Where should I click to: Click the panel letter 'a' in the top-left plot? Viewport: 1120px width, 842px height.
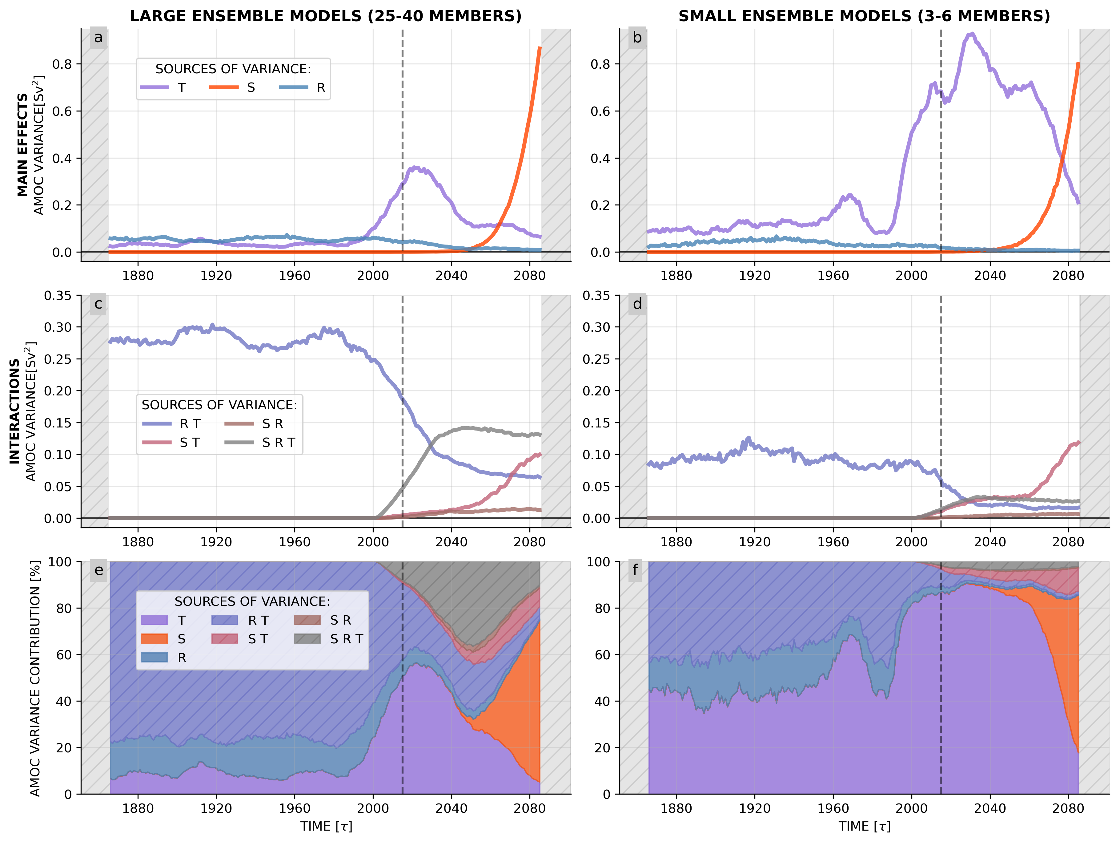pos(98,38)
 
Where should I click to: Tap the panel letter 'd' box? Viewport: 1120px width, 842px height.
pos(637,304)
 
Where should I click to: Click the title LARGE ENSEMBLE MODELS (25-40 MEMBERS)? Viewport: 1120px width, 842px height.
pos(326,16)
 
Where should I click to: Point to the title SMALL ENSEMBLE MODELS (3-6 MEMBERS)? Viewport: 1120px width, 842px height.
pos(864,16)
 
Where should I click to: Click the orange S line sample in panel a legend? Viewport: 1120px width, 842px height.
pos(224,88)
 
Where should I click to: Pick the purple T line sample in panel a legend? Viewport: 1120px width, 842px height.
pos(155,88)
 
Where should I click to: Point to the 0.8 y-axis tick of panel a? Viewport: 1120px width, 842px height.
pos(62,64)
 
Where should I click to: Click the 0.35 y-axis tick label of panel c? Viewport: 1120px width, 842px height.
pos(58,295)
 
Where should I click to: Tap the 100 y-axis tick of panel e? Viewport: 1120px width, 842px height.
pos(60,562)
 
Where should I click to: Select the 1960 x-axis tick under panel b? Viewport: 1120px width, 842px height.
pos(833,276)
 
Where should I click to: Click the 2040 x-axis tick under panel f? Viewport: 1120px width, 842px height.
pos(990,808)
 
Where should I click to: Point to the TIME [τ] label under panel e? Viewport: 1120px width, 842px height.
pos(326,827)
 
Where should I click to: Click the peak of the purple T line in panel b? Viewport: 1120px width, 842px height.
pos(971,34)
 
